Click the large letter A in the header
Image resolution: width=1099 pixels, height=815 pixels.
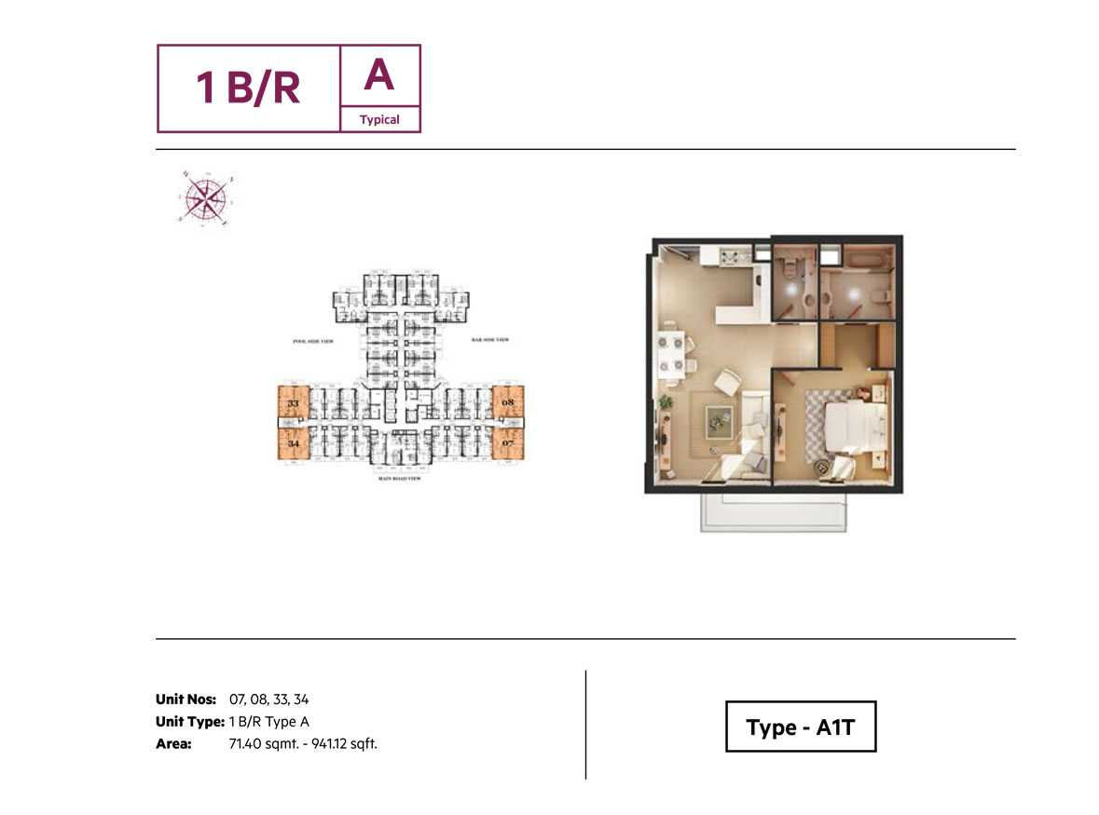coord(378,75)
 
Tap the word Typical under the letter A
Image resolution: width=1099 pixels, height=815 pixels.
coord(379,119)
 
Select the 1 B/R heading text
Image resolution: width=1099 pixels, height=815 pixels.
coord(248,88)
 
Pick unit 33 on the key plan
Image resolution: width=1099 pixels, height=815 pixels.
coord(293,404)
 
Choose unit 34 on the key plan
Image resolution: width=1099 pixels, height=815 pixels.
coord(293,444)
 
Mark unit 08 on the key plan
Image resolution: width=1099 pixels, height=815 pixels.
coord(508,403)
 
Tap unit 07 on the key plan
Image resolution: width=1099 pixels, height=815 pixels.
coord(508,444)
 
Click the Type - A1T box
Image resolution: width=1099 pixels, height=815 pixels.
coord(801,727)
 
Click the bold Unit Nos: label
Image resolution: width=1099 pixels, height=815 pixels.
coord(185,699)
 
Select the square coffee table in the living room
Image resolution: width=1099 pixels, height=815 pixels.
coord(718,421)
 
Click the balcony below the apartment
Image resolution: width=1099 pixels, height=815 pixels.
coord(773,511)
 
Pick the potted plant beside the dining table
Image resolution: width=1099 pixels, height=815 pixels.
coord(665,402)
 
